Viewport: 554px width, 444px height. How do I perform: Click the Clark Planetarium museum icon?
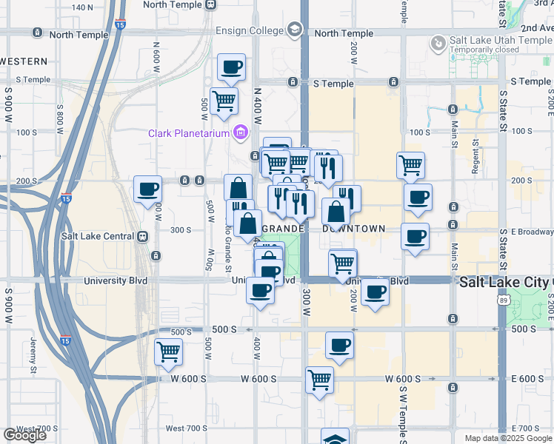click(240, 133)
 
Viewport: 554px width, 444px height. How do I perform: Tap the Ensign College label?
click(250, 30)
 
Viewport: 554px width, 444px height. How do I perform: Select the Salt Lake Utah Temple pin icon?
click(438, 45)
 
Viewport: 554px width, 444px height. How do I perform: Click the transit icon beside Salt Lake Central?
click(142, 237)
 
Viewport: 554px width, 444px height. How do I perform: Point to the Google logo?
click(24, 435)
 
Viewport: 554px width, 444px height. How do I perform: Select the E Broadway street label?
click(527, 231)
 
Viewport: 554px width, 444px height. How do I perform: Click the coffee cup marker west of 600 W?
click(147, 189)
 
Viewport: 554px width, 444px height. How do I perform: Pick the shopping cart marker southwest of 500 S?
click(168, 352)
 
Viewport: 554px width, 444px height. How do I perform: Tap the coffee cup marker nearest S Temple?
click(231, 68)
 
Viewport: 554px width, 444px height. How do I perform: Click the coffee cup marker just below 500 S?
click(339, 346)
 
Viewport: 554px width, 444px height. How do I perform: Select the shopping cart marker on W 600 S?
click(319, 380)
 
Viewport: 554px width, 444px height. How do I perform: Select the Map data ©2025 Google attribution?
click(507, 438)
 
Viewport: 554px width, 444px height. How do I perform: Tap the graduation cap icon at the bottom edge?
click(335, 438)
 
